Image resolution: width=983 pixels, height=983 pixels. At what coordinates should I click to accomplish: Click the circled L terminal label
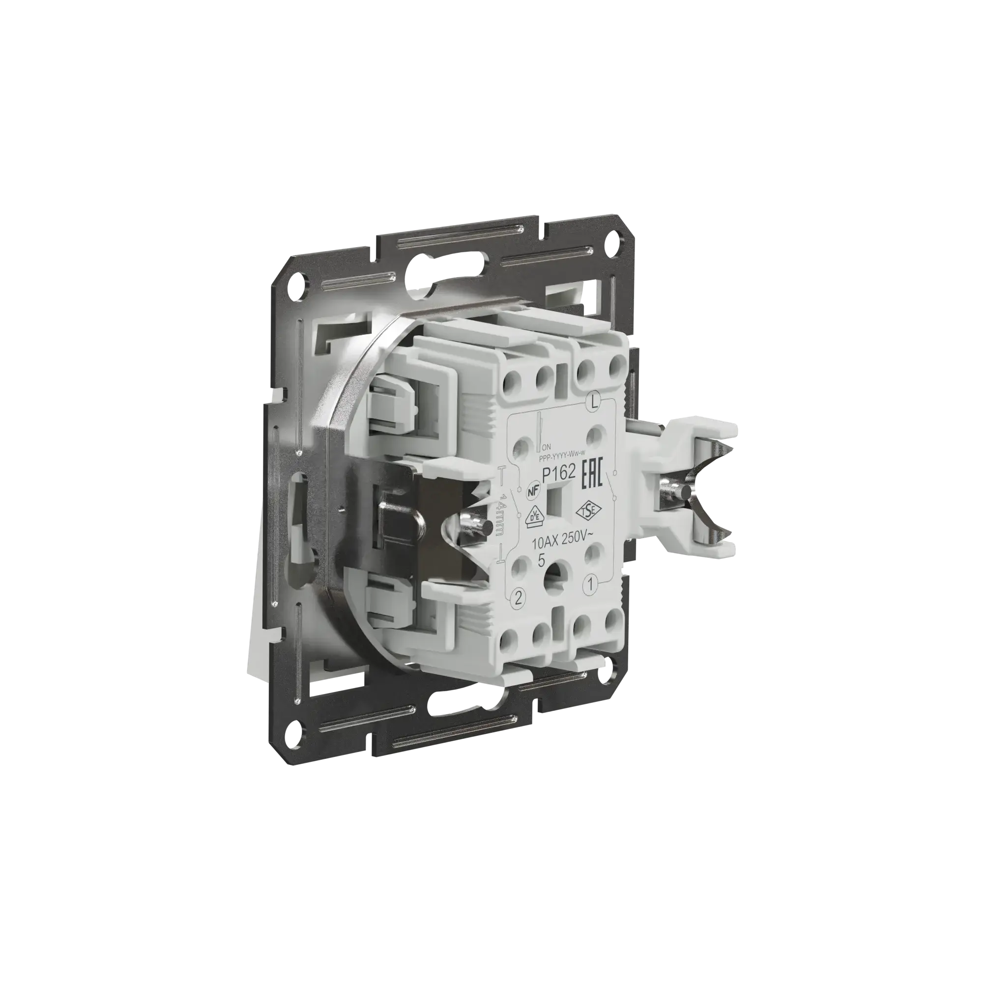coord(592,402)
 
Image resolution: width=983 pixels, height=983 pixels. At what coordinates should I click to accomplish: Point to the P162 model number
coord(558,474)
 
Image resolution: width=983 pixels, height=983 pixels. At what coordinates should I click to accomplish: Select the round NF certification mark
coord(532,486)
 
